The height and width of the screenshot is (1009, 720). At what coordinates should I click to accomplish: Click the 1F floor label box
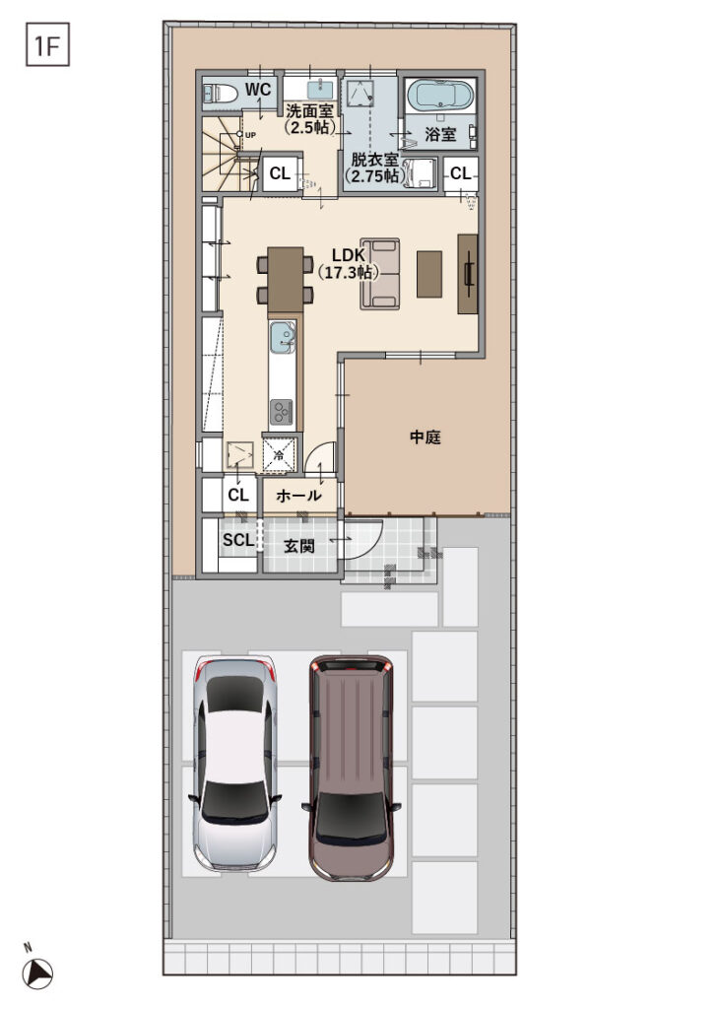46,45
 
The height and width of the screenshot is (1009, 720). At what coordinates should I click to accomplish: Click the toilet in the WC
218,94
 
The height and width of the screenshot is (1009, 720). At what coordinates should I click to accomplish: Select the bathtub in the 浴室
440,97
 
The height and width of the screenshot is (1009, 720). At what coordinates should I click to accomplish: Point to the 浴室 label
441,134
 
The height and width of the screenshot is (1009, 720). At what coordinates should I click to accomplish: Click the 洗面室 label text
309,118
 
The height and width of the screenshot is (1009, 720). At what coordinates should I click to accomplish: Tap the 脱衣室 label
371,168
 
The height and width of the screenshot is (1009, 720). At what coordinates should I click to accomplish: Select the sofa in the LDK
380,274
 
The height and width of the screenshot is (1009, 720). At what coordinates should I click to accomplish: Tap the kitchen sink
283,338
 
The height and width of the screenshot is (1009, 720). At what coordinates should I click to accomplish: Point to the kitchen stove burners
282,409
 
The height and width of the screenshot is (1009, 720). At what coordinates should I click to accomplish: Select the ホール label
298,496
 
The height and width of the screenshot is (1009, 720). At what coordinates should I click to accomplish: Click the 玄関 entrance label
298,545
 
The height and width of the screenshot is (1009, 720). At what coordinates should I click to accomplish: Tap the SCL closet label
237,540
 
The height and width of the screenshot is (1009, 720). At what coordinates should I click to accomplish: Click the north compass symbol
37,973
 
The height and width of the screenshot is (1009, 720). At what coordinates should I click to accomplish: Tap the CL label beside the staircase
280,174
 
